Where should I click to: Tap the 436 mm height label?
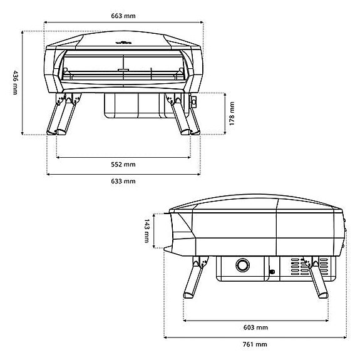coord(15,82)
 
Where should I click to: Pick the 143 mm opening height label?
coord(147,231)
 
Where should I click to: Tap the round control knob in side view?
coord(242,266)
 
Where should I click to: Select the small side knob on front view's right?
coord(194,101)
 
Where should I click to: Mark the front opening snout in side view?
coord(182,232)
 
